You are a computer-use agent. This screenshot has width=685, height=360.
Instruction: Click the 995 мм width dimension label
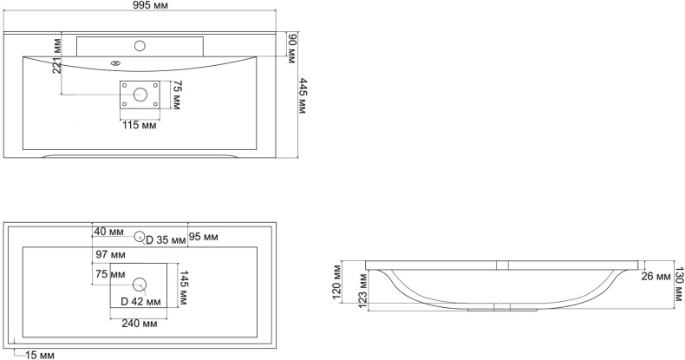point(149,5)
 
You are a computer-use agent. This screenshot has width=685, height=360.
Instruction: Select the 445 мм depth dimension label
point(303,95)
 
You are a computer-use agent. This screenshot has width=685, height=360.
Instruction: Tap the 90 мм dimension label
point(292,49)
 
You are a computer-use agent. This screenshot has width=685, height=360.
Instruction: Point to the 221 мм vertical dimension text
point(56,56)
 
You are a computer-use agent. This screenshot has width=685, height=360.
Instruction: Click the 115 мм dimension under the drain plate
point(140,126)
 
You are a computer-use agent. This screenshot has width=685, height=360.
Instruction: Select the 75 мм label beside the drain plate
point(176,95)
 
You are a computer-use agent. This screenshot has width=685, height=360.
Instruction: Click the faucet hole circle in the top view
point(140,45)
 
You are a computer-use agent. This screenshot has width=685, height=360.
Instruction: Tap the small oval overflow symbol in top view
point(115,63)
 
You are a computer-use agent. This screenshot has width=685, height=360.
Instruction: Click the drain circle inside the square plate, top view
point(140,95)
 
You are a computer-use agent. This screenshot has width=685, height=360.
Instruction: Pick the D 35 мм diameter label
point(166,239)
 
